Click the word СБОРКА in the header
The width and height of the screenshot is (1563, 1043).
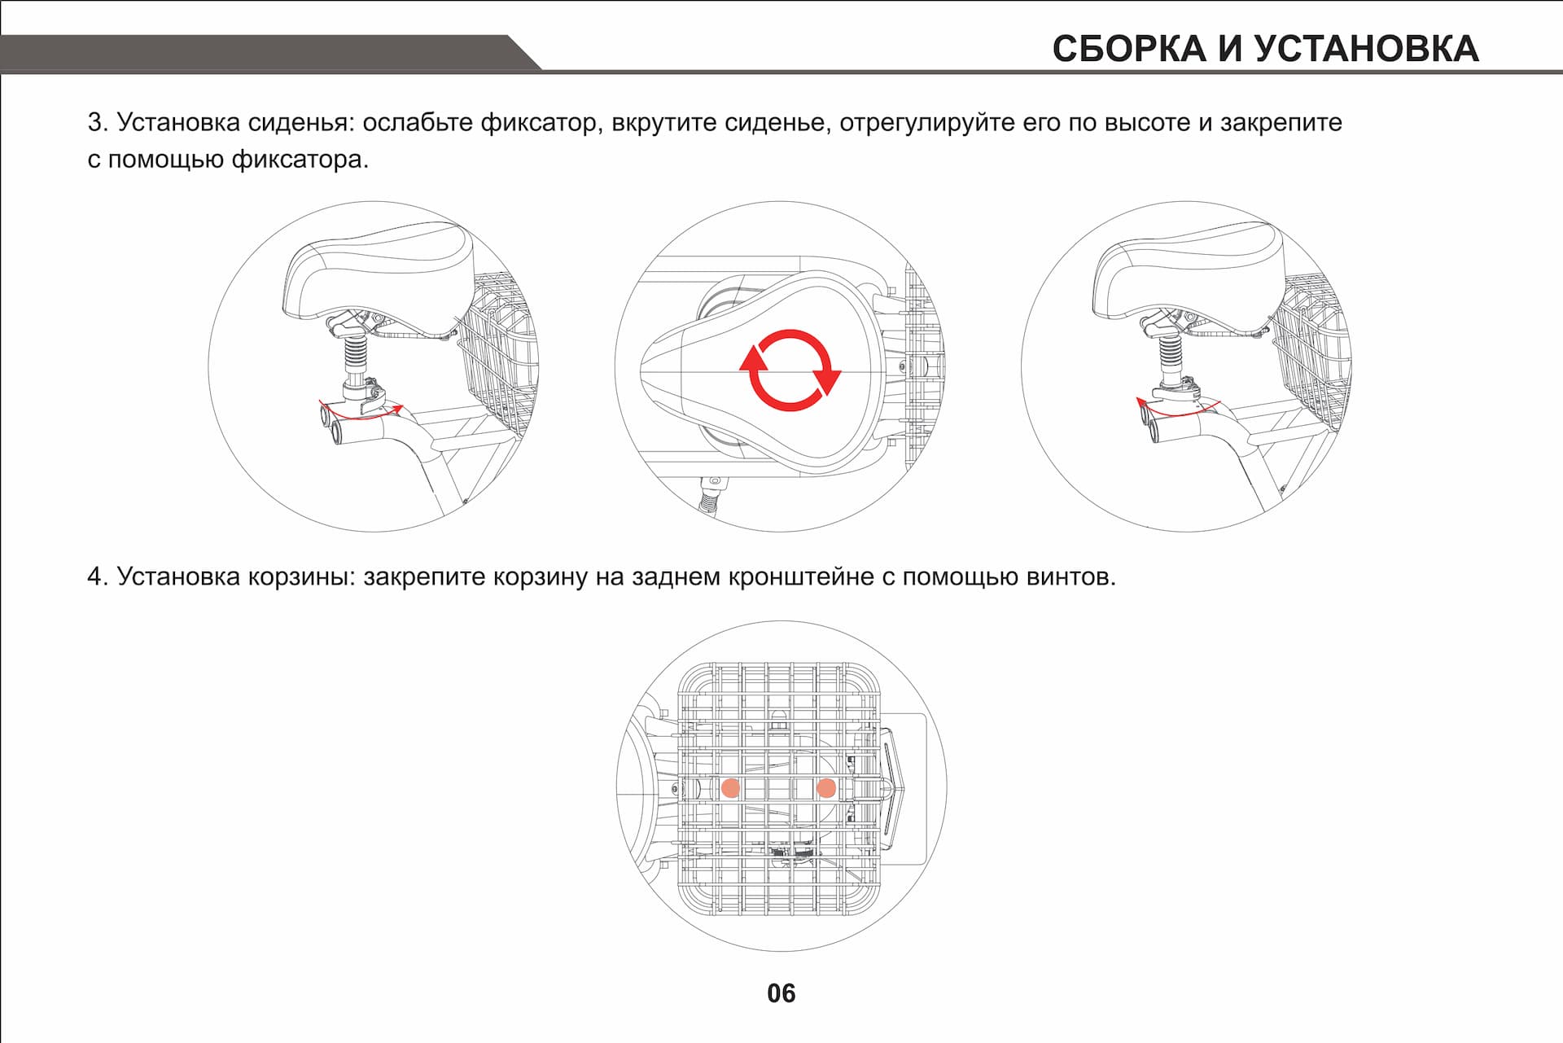click(x=1128, y=48)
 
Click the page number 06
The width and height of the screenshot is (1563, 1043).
click(x=781, y=993)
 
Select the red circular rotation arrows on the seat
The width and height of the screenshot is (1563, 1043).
click(x=790, y=370)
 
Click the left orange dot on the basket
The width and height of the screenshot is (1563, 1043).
click(x=730, y=787)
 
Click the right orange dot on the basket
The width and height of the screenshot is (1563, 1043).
click(x=825, y=787)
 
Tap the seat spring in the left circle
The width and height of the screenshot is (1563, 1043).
click(x=356, y=353)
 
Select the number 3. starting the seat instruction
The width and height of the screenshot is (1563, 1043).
click(x=97, y=123)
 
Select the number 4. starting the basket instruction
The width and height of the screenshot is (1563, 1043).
click(x=97, y=577)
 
